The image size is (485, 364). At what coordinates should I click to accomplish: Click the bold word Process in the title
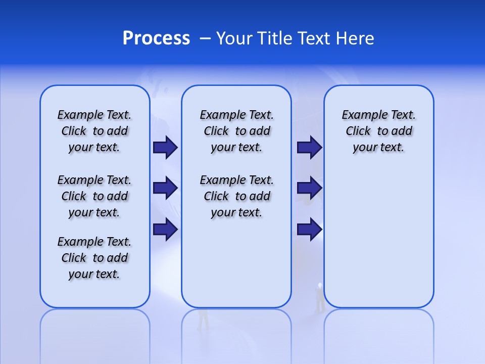(x=156, y=38)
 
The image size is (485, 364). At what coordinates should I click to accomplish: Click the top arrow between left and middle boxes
(x=165, y=147)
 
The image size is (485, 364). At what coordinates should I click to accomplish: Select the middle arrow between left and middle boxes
(x=165, y=188)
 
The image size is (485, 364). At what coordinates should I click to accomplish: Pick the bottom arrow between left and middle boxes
(x=165, y=230)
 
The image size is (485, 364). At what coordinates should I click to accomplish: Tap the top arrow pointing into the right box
(x=309, y=147)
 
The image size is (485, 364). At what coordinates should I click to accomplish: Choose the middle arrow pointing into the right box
(x=309, y=188)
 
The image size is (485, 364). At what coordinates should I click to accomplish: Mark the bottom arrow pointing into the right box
(x=309, y=230)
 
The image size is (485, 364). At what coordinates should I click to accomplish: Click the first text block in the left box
(x=94, y=131)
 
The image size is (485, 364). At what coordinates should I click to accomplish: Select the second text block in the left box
(x=94, y=196)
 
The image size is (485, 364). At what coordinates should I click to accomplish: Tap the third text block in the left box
(x=94, y=258)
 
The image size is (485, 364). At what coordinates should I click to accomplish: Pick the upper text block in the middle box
(x=236, y=131)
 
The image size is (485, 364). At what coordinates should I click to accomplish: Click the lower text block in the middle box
(x=236, y=196)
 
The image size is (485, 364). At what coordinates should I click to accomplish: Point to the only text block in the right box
(x=378, y=131)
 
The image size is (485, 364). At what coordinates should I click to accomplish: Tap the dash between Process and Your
(x=205, y=39)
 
